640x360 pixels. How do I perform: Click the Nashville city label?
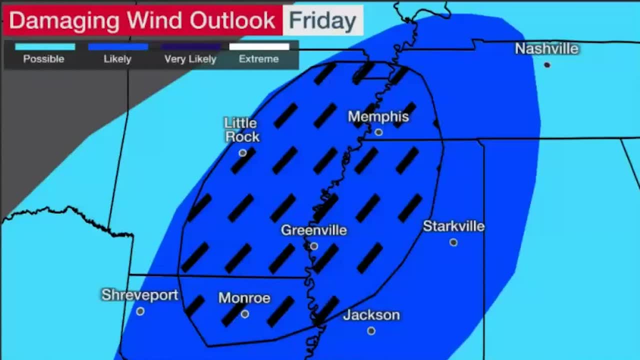pos(546,49)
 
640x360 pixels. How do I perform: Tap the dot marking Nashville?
pos(547,65)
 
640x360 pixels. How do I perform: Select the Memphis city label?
pos(378,117)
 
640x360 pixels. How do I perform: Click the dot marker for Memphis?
pos(378,132)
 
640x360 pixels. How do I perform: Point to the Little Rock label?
pos(242,130)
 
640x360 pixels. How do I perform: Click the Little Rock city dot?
pos(242,153)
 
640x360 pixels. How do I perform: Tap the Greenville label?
pos(313,230)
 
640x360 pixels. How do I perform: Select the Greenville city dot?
pos(313,246)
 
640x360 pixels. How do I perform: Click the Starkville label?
pos(453,226)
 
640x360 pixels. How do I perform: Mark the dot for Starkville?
pos(453,242)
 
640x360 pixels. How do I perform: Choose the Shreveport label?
pos(139,295)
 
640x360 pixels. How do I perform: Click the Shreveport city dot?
pos(140,311)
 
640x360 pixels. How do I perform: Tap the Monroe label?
pos(244,298)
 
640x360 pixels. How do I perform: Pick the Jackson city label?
pos(371,315)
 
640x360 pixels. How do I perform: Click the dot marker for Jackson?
pos(371,331)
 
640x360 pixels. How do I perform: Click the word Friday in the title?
pos(322,20)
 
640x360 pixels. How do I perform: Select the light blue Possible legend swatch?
pos(45,47)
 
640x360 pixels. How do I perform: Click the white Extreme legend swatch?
pos(259,47)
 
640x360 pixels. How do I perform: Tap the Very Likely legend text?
pos(190,59)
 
